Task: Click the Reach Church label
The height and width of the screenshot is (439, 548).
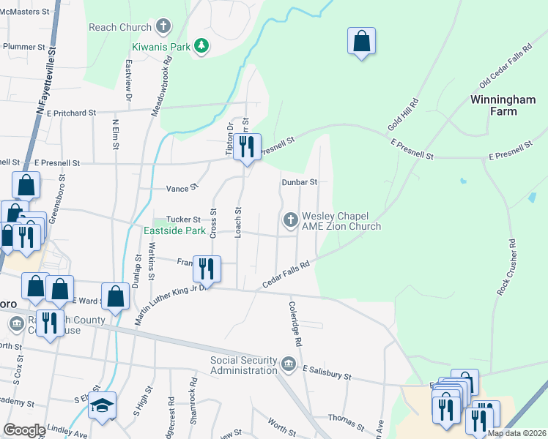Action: coord(119,28)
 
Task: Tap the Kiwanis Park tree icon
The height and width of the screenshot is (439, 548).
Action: coord(201,47)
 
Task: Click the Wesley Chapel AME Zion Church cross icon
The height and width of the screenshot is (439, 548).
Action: coord(290,219)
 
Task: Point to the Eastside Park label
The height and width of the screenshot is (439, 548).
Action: coord(174,230)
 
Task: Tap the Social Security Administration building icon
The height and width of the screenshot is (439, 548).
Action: coord(288,364)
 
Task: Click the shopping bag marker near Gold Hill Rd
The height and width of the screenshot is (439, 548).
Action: coord(361,42)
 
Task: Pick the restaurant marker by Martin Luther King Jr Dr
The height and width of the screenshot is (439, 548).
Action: coord(207,269)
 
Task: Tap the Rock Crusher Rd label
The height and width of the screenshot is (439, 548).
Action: coord(507,267)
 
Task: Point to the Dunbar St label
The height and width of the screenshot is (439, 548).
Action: coord(299,182)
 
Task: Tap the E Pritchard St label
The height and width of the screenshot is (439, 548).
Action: coord(71,113)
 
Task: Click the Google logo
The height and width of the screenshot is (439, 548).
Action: coord(23,430)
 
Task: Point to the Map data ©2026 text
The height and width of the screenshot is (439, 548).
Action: coord(516,433)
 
